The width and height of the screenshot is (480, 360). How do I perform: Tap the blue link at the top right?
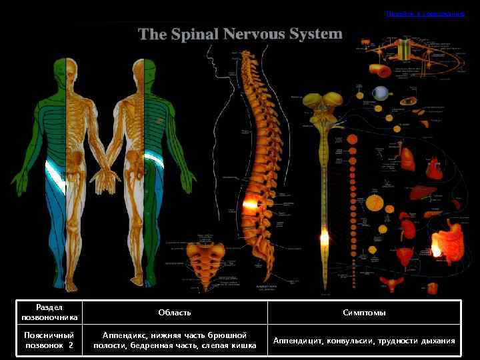point(425,13)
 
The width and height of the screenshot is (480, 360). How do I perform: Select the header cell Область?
point(175,313)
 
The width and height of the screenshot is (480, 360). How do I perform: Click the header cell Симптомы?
point(364,313)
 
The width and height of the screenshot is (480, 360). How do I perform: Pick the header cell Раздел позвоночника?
point(49,313)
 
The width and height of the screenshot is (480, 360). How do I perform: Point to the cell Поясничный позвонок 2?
point(49,341)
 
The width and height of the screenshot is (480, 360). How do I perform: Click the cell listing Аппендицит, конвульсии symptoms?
point(364,341)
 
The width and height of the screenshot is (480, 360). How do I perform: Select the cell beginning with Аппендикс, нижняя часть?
point(175,341)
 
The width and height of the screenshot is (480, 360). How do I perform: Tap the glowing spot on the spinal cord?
point(325,237)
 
